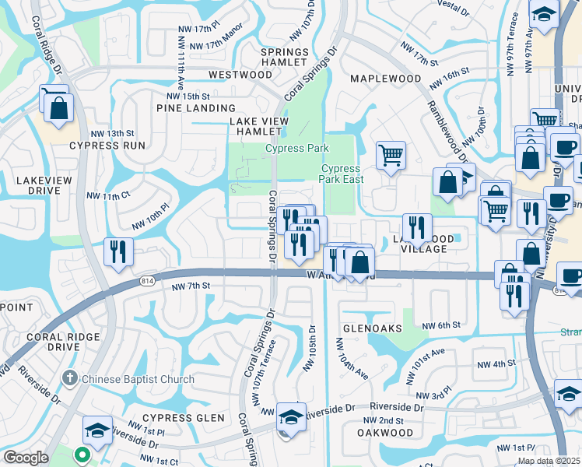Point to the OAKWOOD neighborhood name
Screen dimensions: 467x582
(384, 433)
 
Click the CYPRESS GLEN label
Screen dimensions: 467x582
(183, 418)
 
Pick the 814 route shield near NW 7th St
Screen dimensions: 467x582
(147, 279)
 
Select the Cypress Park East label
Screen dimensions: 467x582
(341, 174)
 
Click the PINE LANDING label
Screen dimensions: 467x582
(196, 108)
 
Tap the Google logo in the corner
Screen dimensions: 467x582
(26, 458)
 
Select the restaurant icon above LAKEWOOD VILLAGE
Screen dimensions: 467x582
(417, 226)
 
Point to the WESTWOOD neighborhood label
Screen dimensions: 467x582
(240, 75)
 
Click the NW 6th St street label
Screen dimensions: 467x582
(441, 325)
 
